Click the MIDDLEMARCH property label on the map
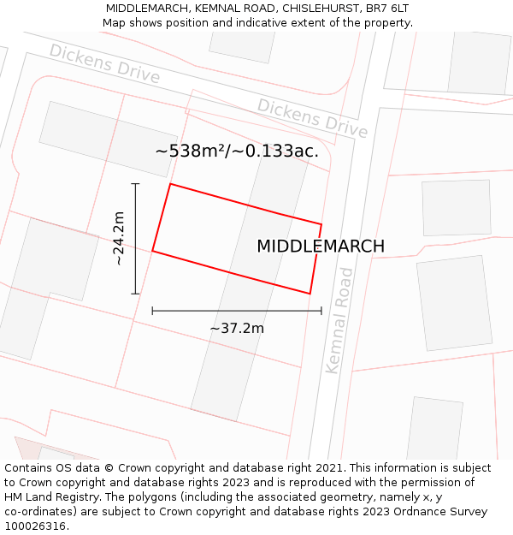pos(321,247)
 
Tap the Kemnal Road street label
pos(339,320)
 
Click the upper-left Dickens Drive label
pos(104,63)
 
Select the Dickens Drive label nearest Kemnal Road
pos(313,118)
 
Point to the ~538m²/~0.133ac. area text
pos(237,152)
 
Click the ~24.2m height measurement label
pos(120,239)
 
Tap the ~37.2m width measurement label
pos(237,328)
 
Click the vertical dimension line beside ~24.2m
pos(135,239)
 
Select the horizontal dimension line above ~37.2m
pos(237,311)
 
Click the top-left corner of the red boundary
pos(170,184)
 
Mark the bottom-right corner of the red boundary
pos(310,294)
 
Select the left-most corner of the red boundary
pos(153,251)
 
